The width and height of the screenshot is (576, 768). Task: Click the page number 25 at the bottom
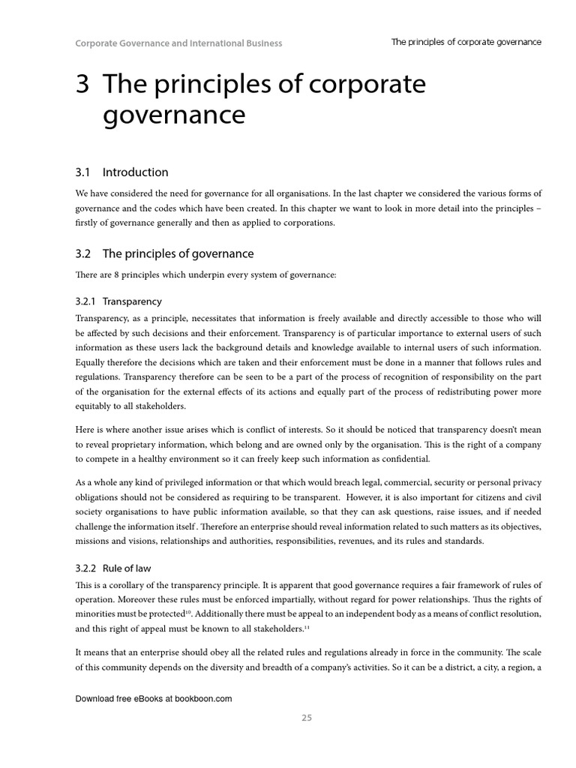click(x=306, y=718)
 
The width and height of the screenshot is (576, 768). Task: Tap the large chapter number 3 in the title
click(x=82, y=85)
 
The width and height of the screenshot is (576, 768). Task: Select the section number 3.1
click(x=82, y=172)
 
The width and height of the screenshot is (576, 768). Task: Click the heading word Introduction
click(x=135, y=172)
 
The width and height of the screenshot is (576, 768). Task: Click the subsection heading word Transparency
click(x=132, y=301)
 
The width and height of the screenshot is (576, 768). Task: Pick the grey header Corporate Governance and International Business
click(x=178, y=43)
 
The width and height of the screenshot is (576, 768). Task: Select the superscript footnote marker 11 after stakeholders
click(x=305, y=627)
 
